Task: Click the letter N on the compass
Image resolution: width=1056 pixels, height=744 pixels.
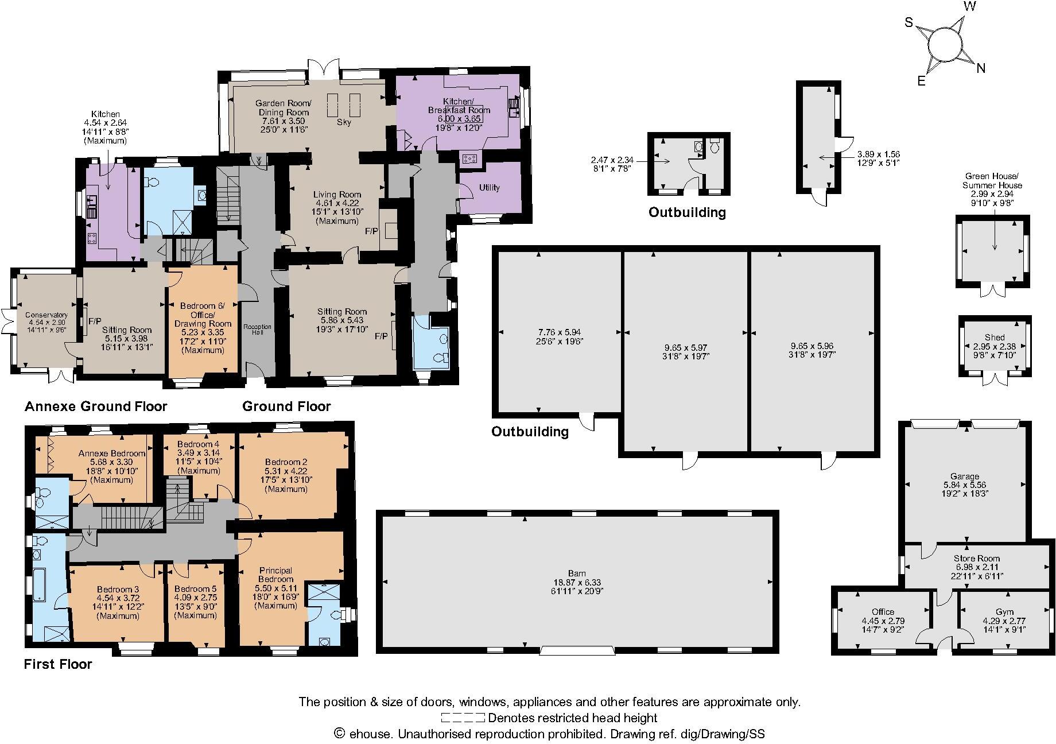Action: (x=981, y=68)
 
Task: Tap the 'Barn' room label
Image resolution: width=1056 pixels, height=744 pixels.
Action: (x=577, y=573)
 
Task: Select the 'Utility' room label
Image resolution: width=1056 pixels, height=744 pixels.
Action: (x=489, y=188)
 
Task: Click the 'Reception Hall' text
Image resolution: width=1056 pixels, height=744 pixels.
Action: (x=257, y=330)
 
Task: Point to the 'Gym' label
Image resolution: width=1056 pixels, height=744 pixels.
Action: (x=1004, y=612)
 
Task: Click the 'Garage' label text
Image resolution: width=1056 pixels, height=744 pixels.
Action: (x=964, y=476)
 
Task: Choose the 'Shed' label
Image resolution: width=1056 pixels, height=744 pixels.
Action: (x=995, y=337)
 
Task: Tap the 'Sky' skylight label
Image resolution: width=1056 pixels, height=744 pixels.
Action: (x=344, y=122)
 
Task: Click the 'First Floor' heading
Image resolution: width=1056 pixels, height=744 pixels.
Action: (x=58, y=664)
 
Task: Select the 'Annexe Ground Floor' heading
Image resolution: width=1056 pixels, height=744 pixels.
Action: (x=96, y=406)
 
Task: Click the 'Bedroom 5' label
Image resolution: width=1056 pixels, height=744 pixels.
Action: (x=195, y=589)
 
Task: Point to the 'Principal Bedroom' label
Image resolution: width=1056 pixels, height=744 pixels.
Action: (x=275, y=575)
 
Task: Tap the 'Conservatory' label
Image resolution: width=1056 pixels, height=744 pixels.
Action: (x=46, y=315)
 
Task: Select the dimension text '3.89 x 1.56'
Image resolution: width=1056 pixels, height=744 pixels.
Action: (x=878, y=154)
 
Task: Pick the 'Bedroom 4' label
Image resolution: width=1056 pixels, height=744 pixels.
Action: (x=198, y=444)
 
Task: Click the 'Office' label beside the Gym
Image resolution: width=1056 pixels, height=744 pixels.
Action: (x=882, y=612)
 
